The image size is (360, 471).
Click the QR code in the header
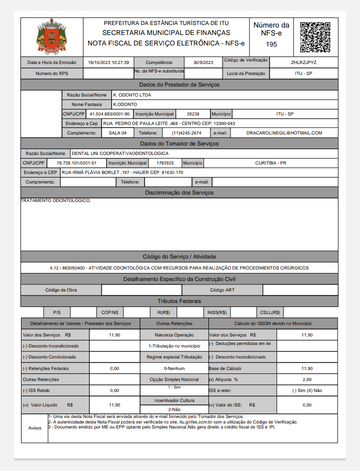tap(314, 37)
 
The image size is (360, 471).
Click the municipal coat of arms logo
tap(51, 37)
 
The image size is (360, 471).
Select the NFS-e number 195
tap(271, 44)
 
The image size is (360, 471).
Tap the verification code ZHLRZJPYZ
tap(303, 62)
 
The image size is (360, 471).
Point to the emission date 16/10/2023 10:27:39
tap(108, 62)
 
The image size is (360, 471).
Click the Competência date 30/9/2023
tap(203, 62)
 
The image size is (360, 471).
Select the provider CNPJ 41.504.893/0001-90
tap(109, 114)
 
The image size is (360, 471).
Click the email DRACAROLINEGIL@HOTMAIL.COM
tap(284, 133)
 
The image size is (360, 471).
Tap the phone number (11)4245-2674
tap(186, 133)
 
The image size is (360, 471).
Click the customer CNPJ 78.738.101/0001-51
tap(73, 163)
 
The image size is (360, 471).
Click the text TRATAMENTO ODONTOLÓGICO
tap(55, 200)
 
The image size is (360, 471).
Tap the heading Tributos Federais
tap(179, 301)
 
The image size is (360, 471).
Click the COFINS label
tap(110, 312)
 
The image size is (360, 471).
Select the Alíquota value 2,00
tap(307, 379)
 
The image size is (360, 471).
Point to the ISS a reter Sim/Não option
tap(307, 390)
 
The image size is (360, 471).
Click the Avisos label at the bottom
tap(35, 428)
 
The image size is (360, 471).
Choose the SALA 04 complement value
tap(118, 133)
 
